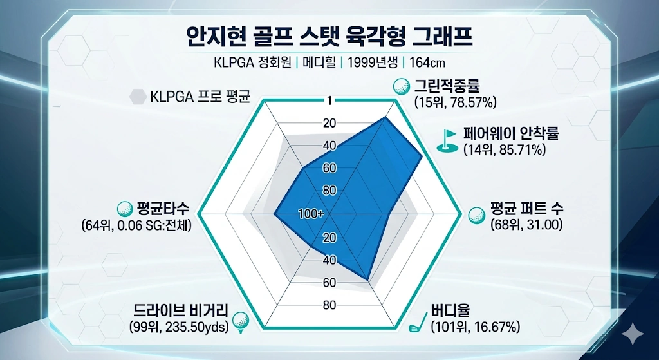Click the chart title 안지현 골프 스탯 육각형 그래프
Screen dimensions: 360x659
tap(329, 37)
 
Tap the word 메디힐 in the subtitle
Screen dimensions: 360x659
tap(321, 63)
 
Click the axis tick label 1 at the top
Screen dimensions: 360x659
tap(329, 100)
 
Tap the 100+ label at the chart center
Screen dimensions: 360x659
tap(311, 214)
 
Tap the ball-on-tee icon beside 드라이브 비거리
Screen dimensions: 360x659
tap(240, 320)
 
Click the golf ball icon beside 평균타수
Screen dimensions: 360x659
tap(124, 209)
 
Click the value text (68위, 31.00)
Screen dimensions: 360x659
tap(526, 225)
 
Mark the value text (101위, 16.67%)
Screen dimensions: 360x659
tap(475, 327)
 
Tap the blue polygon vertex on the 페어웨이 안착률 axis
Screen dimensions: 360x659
tap(422, 157)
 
